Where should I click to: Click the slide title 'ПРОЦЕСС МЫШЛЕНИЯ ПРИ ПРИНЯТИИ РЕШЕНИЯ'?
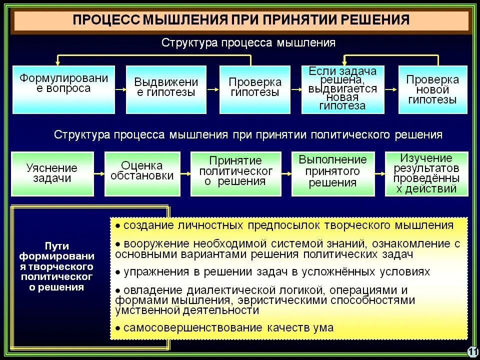tap(241, 20)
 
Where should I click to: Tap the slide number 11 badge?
tap(472, 351)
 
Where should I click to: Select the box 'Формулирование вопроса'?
tap(63, 89)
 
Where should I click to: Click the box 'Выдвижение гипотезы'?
tap(166, 89)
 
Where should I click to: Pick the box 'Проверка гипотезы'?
tap(255, 89)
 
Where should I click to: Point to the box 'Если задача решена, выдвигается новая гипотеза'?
tap(343, 89)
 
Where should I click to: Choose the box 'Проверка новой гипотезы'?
tap(432, 89)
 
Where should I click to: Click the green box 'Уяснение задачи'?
tap(52, 173)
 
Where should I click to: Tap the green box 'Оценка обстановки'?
tap(142, 173)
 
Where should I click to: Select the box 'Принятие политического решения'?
tap(235, 173)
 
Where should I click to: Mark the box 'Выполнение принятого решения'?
tap(332, 173)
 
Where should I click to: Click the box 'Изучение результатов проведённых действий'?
tap(426, 173)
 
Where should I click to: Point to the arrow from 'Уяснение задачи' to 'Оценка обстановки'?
tap(99, 173)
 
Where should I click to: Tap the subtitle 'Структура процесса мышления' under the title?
tap(248, 43)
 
